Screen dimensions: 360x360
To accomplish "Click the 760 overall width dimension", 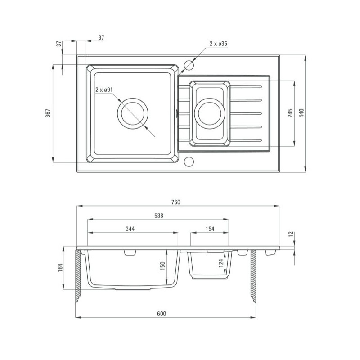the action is click(x=176, y=202).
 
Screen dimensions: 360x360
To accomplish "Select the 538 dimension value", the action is click(x=159, y=216).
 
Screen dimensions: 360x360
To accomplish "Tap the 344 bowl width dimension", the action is click(x=130, y=229).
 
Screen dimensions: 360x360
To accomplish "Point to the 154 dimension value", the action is click(x=210, y=229).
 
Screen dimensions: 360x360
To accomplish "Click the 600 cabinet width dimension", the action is click(x=162, y=314).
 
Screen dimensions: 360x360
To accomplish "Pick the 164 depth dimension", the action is click(x=60, y=267).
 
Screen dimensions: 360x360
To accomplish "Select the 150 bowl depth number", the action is click(x=162, y=266).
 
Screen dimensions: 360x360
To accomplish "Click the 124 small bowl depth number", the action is click(x=221, y=263).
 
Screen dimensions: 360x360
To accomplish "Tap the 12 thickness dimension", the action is click(x=291, y=234).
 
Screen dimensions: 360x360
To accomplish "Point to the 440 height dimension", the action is click(x=301, y=113).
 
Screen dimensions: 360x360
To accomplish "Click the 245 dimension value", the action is click(x=290, y=113).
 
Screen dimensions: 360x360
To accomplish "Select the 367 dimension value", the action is click(x=48, y=113).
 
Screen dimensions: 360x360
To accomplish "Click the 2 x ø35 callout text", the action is click(x=218, y=44).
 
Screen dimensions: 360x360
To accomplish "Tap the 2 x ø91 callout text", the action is click(x=104, y=90).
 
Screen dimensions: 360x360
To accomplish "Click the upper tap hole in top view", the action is click(x=189, y=65).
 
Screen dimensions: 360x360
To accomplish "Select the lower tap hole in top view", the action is click(x=189, y=162).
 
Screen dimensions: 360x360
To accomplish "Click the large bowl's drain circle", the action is click(x=133, y=113).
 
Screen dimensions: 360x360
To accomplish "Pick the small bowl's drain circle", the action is click(x=210, y=113).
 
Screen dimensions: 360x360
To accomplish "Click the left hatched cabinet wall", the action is click(x=78, y=275).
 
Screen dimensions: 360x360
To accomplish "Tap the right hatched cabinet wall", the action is click(x=253, y=275).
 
